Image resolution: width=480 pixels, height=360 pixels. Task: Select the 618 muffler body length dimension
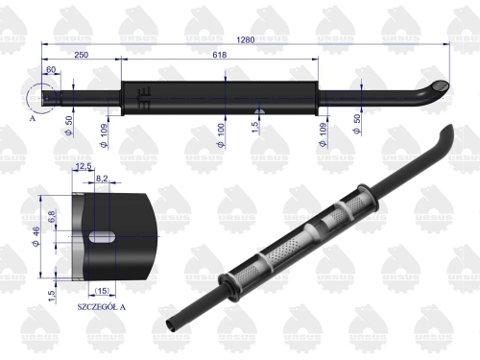[221, 57]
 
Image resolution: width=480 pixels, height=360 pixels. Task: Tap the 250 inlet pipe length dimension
[81, 57]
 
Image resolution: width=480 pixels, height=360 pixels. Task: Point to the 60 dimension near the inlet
[50, 70]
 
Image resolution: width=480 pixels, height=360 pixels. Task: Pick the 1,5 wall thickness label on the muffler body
[254, 125]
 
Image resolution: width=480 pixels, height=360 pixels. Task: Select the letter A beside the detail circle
[34, 120]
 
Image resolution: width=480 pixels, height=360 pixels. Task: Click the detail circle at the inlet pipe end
[45, 97]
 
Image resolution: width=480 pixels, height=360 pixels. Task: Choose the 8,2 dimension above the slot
[104, 179]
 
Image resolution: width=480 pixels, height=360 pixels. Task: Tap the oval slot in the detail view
[103, 236]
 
